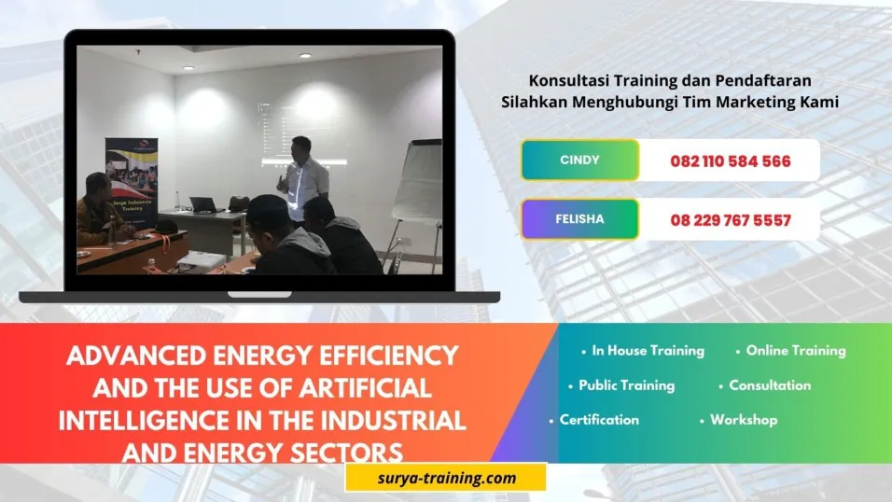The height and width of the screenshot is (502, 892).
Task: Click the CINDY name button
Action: tap(579, 160)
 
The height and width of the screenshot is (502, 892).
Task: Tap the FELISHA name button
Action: tap(579, 219)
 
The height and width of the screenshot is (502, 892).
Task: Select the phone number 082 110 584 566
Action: tap(730, 161)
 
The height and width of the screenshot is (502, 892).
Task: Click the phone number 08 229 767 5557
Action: tap(730, 221)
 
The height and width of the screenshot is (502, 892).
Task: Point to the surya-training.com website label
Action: tap(444, 478)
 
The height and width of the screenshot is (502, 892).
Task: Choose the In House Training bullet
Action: tap(648, 351)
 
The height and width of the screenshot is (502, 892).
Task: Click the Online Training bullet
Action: tap(795, 351)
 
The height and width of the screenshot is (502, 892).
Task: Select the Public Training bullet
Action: tap(626, 384)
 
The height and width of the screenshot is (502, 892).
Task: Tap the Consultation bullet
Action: tap(770, 384)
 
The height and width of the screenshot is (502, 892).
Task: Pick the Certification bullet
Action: tap(599, 420)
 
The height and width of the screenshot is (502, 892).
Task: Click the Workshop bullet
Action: tap(743, 420)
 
